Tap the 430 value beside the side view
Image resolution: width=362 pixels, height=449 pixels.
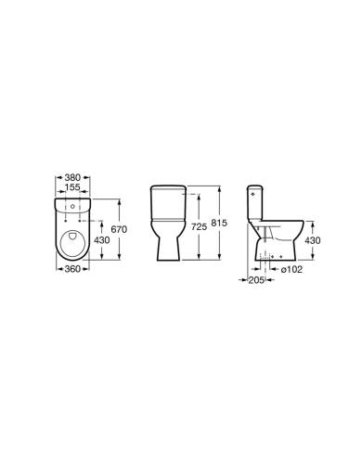point(315,240)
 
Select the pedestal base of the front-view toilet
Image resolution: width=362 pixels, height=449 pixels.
point(168,243)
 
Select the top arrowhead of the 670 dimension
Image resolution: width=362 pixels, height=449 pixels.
point(118,198)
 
